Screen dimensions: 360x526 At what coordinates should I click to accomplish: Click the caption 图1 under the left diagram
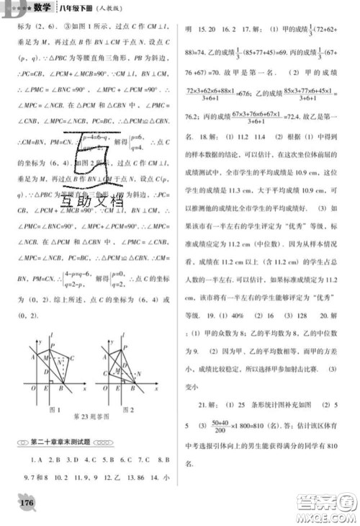pyautogui.click(x=53, y=410)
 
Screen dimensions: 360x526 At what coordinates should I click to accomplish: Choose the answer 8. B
pyautogui.click(x=161, y=458)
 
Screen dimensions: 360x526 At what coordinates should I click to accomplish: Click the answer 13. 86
pyautogui.click(x=139, y=476)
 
